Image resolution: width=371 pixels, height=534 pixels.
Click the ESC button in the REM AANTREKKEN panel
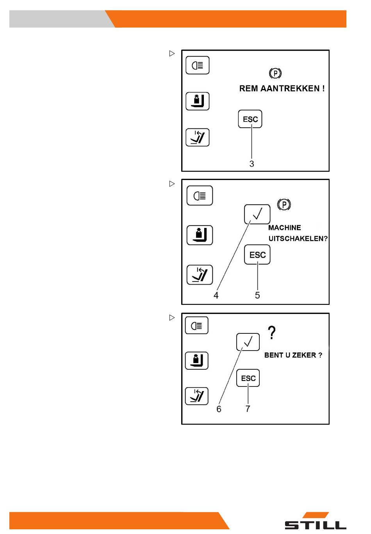[250, 119]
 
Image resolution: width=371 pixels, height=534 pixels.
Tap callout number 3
[251, 164]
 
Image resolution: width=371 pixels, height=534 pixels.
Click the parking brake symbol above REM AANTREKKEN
[275, 73]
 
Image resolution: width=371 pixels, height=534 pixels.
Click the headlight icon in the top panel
[198, 65]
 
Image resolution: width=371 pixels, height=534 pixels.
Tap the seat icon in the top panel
[198, 137]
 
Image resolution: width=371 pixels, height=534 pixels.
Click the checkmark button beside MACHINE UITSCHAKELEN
[257, 214]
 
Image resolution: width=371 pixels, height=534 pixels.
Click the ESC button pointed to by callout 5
[257, 255]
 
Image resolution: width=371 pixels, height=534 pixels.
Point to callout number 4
[216, 295]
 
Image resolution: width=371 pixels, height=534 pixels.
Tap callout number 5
[257, 295]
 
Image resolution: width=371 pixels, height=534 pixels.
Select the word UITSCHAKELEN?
[298, 239]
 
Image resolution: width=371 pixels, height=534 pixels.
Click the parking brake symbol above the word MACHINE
[284, 205]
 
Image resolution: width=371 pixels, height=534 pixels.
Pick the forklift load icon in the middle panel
[200, 235]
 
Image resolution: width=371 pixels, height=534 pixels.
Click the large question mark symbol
[272, 333]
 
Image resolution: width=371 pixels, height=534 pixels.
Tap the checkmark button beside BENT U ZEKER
[248, 342]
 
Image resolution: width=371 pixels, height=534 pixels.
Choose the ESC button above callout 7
[248, 378]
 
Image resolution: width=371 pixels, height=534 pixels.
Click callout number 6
[219, 409]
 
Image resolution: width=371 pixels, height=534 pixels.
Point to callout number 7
[248, 409]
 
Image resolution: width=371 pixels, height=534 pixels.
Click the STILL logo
[316, 522]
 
